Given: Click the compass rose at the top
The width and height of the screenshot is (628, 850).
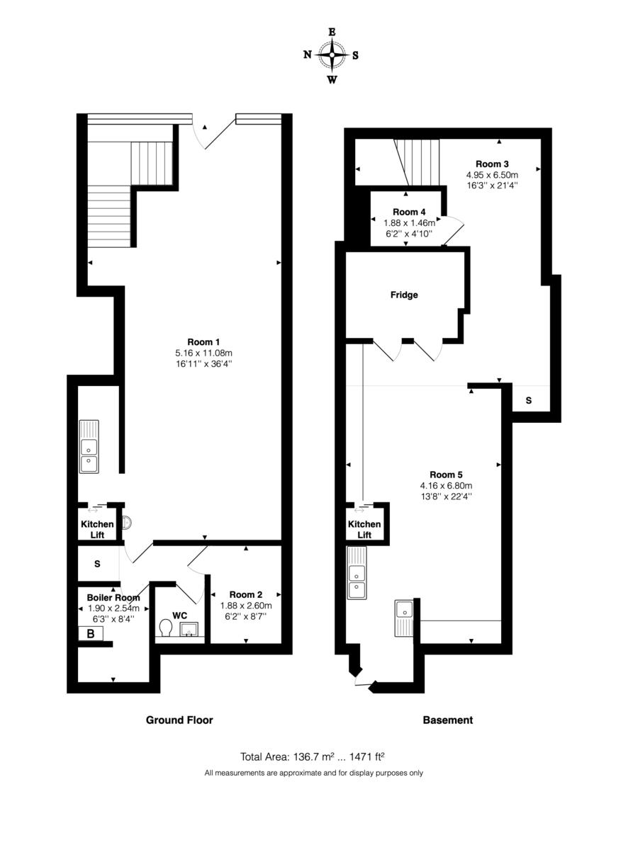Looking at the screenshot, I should [331, 55].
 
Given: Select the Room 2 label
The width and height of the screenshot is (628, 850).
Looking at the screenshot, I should [245, 594].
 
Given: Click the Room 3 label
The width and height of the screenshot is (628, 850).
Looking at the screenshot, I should [492, 162].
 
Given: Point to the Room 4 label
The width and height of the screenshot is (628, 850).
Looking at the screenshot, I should [409, 212].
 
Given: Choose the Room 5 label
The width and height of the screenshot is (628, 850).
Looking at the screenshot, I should [446, 474].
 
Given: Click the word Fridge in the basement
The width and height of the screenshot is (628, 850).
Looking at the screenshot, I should [404, 295].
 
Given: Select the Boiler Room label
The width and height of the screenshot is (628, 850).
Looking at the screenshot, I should [113, 597].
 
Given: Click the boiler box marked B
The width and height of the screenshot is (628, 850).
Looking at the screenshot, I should [91, 634].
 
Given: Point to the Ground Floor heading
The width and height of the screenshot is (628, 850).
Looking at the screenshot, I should [179, 720].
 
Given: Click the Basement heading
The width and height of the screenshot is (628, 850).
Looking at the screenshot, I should [447, 720].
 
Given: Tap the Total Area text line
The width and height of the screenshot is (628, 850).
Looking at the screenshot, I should [313, 756].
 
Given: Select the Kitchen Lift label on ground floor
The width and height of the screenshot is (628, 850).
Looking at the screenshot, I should [97, 529].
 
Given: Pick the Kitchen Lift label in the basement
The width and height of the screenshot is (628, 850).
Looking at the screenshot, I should [364, 529].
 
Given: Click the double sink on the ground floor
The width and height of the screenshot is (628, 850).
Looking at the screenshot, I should [89, 446].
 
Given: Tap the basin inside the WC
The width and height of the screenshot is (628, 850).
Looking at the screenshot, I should [190, 628].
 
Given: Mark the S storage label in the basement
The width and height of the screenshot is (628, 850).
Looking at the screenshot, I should [529, 401].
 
